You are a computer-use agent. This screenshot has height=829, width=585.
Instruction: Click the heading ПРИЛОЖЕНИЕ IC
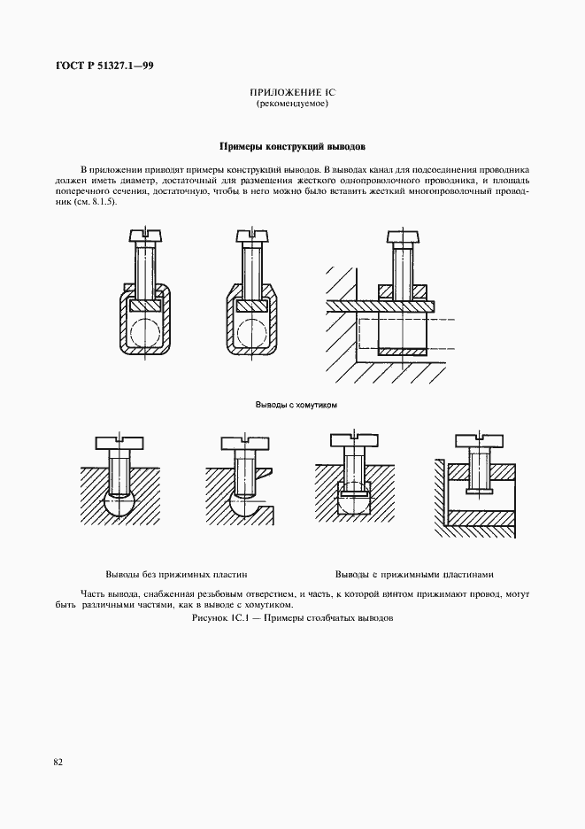coord(292,93)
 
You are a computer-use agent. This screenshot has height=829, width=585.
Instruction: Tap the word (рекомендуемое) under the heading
coord(292,105)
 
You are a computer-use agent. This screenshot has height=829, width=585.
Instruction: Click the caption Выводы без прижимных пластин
coord(175,574)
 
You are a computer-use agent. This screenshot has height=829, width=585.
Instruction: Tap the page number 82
coord(58,761)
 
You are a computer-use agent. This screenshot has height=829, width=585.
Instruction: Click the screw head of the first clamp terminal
coord(145,236)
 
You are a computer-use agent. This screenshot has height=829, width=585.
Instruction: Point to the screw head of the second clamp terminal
coord(252,236)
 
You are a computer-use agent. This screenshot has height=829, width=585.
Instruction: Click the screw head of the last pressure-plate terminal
coord(480,440)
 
